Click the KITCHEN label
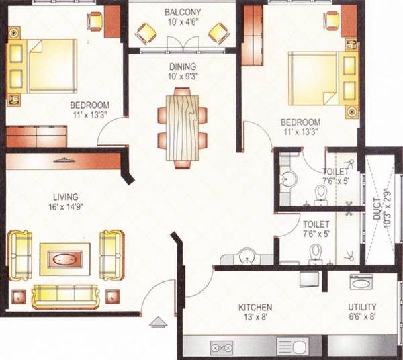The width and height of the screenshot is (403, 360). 255,308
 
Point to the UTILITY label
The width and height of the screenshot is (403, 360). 362,307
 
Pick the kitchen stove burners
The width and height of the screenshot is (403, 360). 222,347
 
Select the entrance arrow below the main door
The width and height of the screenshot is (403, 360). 158,320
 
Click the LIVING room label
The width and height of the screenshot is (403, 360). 64,197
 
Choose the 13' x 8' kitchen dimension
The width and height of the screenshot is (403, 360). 255,319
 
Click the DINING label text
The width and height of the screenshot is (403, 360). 183,66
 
